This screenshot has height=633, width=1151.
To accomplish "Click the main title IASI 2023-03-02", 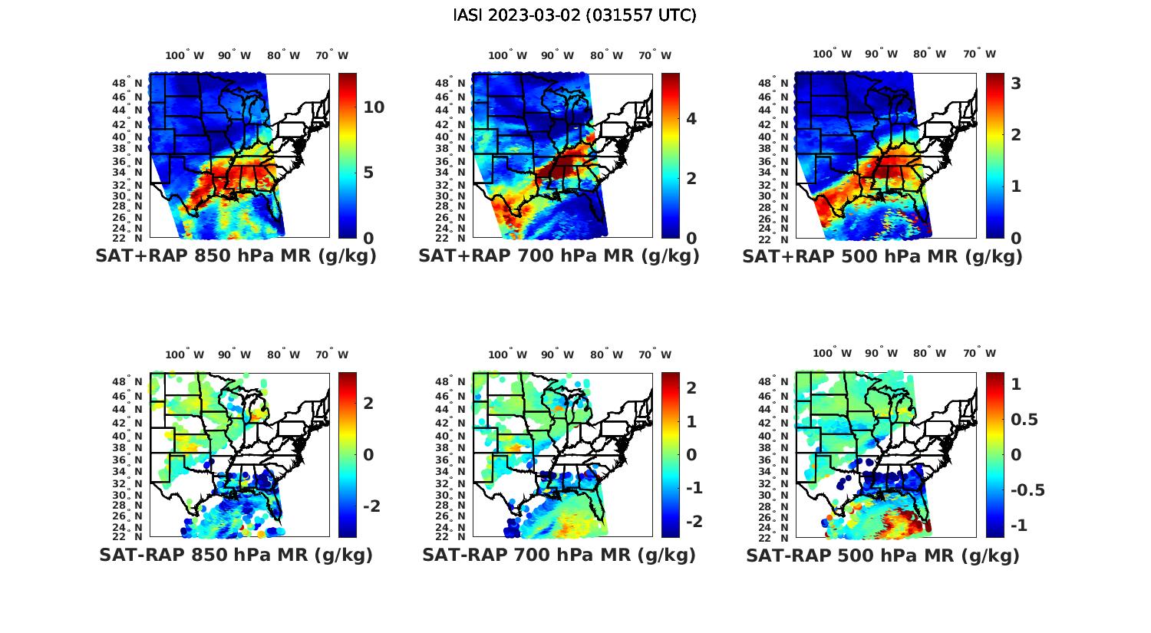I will click(575, 15).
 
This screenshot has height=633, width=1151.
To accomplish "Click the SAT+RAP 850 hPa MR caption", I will click(236, 256).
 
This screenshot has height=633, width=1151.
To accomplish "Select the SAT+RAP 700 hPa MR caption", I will click(559, 256).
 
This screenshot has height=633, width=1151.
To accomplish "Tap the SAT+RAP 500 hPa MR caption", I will click(882, 256).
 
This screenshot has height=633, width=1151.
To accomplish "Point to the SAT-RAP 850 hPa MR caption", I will click(236, 555).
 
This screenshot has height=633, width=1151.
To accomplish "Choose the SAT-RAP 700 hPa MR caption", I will click(559, 555).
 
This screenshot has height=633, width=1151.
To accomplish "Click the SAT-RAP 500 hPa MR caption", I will click(882, 556).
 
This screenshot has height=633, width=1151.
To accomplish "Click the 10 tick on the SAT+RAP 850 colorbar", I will click(374, 107).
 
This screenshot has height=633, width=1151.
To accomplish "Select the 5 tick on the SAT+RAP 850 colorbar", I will click(368, 173).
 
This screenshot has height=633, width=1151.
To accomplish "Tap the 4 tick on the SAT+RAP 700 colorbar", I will click(691, 118).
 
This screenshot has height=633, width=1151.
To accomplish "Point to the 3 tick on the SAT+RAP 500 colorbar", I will click(1016, 83).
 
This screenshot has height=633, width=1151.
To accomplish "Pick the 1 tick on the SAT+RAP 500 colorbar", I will click(1016, 186).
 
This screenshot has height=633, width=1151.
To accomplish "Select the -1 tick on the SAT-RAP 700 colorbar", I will click(691, 488).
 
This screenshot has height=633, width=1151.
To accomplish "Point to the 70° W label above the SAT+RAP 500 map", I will click(979, 54).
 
